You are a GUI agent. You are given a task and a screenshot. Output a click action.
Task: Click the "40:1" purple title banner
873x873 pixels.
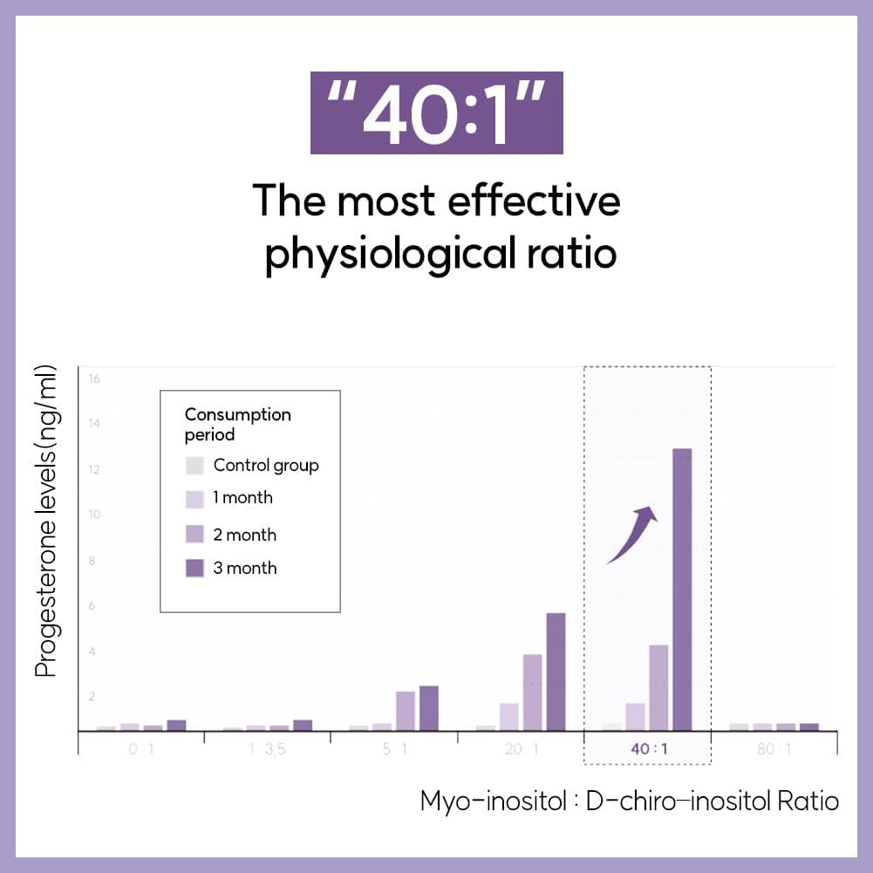coord(436,113)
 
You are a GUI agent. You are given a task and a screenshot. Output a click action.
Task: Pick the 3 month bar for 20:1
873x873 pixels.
coord(556,671)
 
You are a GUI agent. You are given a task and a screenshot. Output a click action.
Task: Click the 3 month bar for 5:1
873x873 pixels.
coord(429,707)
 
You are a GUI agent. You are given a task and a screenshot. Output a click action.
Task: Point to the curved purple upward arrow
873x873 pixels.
coord(632,534)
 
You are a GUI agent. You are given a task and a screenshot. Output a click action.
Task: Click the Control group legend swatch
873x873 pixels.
coord(196,465)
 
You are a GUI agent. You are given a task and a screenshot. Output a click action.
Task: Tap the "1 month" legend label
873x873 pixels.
coord(242,498)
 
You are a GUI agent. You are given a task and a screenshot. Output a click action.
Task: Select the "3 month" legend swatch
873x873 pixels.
coord(196,568)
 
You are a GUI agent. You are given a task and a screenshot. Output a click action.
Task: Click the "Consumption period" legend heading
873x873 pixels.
coord(237,424)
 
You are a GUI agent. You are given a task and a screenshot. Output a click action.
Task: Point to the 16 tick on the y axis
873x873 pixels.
coord(94,379)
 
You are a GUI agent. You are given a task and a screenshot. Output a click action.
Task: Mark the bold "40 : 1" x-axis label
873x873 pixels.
coord(647,748)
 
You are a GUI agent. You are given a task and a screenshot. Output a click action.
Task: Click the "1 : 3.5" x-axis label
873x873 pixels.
coord(267,748)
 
